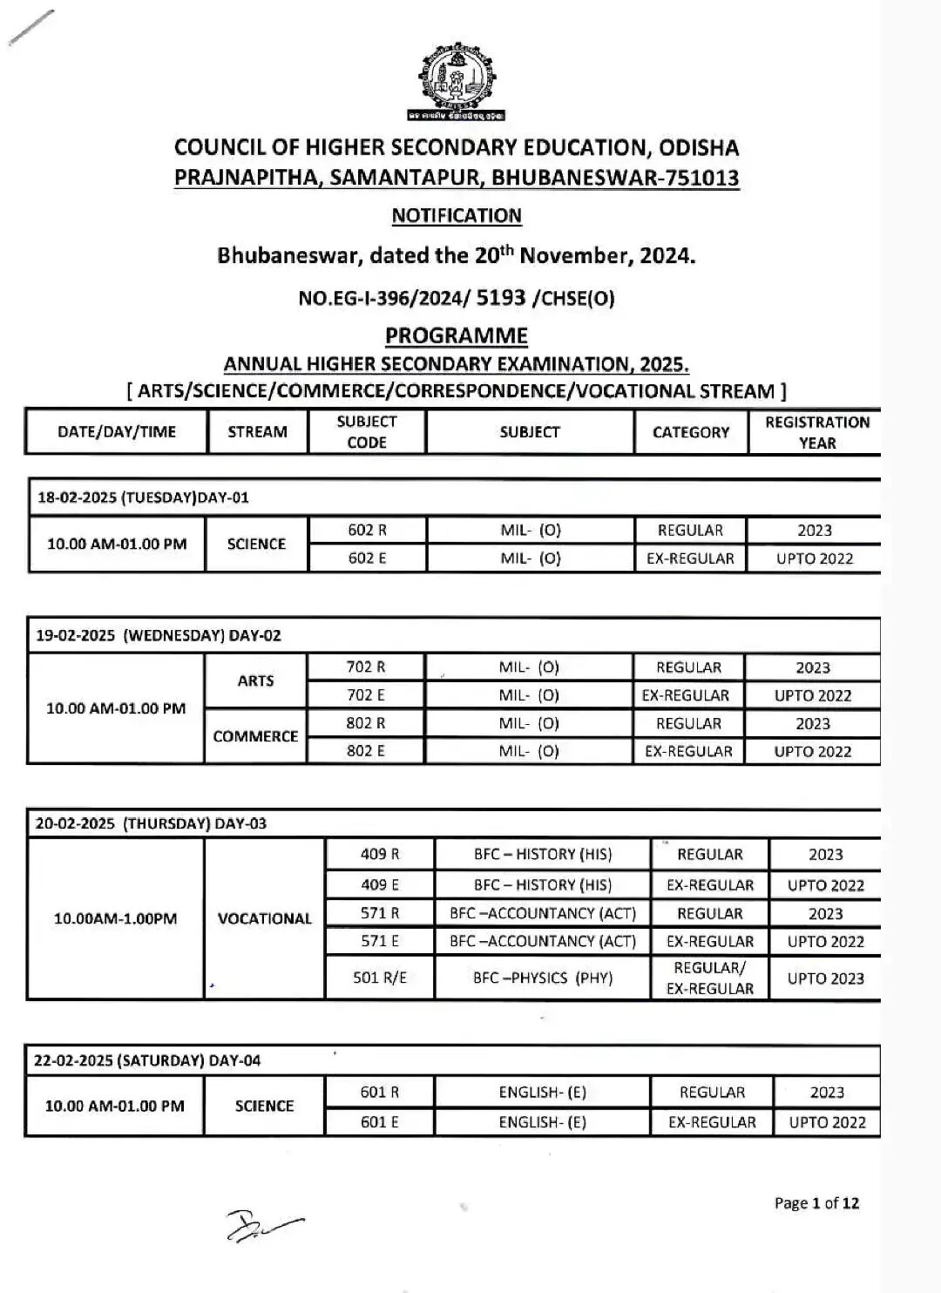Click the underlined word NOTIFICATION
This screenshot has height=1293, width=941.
click(457, 216)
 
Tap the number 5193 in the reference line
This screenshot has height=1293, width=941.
click(501, 298)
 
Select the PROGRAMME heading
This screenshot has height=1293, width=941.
click(457, 336)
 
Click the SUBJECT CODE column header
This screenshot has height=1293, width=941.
click(367, 432)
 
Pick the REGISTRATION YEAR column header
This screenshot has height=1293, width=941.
click(816, 432)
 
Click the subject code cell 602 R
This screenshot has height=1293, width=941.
click(367, 531)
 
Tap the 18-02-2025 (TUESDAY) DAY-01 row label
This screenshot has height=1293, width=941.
click(143, 498)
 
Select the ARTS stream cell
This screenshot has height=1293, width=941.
click(255, 680)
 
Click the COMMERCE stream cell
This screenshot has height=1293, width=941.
click(255, 736)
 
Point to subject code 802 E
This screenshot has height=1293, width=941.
click(366, 751)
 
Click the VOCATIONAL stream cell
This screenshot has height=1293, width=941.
click(264, 918)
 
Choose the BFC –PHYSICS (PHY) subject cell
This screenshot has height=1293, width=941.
click(543, 978)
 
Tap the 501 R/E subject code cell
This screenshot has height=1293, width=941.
click(380, 978)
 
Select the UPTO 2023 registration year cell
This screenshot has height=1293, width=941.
click(825, 978)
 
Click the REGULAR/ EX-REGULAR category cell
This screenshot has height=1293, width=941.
click(710, 978)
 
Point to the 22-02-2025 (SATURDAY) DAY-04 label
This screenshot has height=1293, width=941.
click(147, 1060)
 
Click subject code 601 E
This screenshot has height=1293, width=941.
click(380, 1122)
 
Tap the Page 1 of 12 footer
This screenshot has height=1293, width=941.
click(816, 1203)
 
